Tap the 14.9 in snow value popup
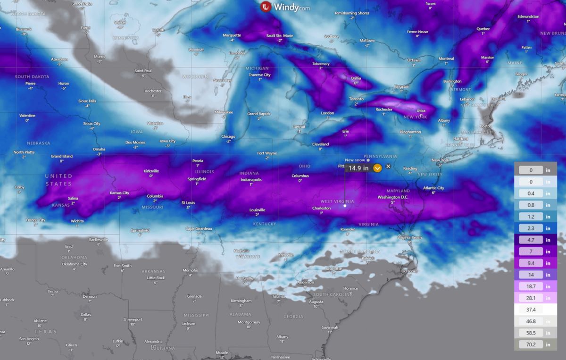(358, 168)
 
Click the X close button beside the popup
(388, 166)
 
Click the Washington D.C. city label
(392, 197)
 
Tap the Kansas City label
(119, 193)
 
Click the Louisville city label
(258, 210)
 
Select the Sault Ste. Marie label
(280, 35)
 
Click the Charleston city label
(321, 208)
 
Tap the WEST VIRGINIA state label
(337, 201)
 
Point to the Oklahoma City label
(75, 264)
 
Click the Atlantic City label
(433, 188)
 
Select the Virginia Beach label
(409, 237)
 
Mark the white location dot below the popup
(345, 205)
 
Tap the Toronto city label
(356, 99)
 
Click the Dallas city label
(85, 314)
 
